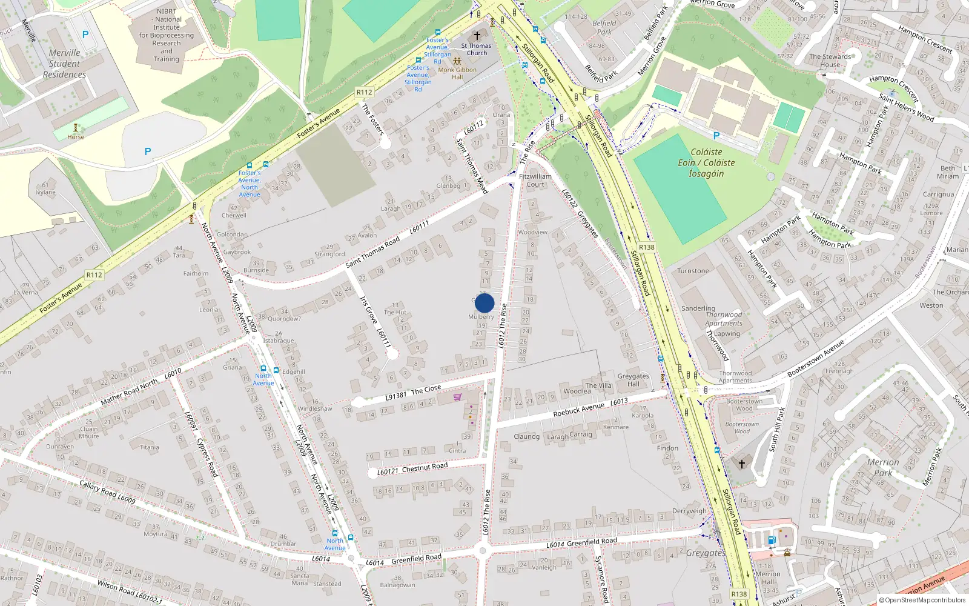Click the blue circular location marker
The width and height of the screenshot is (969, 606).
click(484, 303)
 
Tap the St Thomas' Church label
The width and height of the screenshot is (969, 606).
click(477, 49)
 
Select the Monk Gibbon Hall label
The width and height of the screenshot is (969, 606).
click(457, 73)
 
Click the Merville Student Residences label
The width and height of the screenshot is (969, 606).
click(64, 64)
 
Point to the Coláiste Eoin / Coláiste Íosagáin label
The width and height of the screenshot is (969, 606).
click(706, 162)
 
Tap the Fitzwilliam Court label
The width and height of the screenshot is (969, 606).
click(535, 180)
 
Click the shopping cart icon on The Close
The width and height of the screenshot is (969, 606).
click(457, 397)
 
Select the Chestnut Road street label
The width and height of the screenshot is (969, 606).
click(425, 467)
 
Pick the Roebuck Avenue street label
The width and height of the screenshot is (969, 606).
click(578, 409)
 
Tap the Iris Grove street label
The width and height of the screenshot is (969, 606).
click(368, 310)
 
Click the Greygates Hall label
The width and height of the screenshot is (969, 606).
click(633, 379)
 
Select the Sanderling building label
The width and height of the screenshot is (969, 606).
click(698, 308)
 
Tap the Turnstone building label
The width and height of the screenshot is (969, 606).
click(693, 271)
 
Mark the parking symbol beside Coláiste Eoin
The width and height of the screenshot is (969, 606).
click(716, 136)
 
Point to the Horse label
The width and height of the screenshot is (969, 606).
click(76, 137)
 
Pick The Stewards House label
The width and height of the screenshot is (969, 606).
click(830, 60)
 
